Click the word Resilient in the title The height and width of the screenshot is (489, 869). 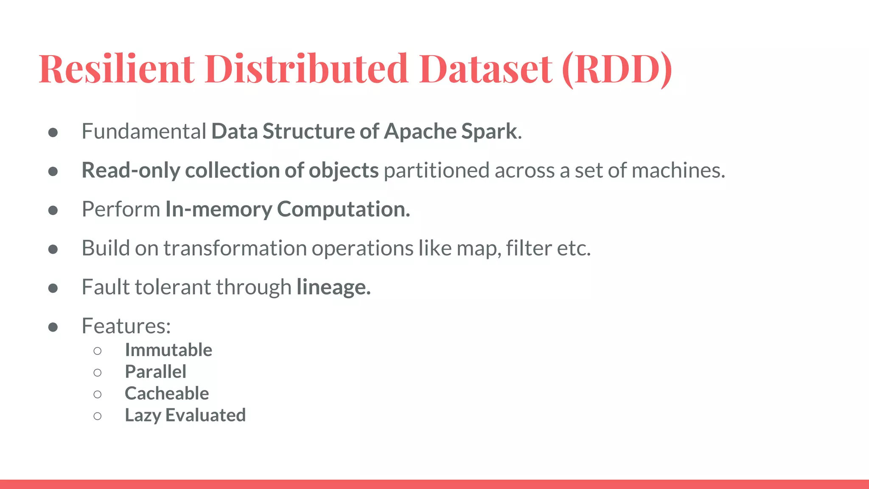(117, 69)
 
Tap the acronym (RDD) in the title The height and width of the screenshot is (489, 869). (617, 69)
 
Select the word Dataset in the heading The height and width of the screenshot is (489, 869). (486, 69)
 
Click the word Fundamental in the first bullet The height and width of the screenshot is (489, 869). (144, 131)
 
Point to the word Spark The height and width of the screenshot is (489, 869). (489, 131)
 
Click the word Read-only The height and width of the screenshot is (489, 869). (131, 170)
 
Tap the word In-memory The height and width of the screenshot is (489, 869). (219, 209)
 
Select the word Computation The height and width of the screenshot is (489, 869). (343, 209)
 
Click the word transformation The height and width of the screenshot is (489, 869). (235, 248)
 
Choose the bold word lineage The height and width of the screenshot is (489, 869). (333, 287)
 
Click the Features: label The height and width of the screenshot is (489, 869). (126, 326)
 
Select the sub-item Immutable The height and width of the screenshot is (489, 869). (168, 350)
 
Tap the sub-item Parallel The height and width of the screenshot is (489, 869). (155, 372)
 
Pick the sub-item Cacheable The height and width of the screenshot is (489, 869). (167, 393)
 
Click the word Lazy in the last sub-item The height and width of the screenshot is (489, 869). (143, 415)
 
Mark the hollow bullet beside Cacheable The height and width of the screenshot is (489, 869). (98, 394)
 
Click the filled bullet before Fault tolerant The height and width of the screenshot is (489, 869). (53, 288)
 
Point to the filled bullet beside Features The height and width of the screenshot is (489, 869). (53, 327)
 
